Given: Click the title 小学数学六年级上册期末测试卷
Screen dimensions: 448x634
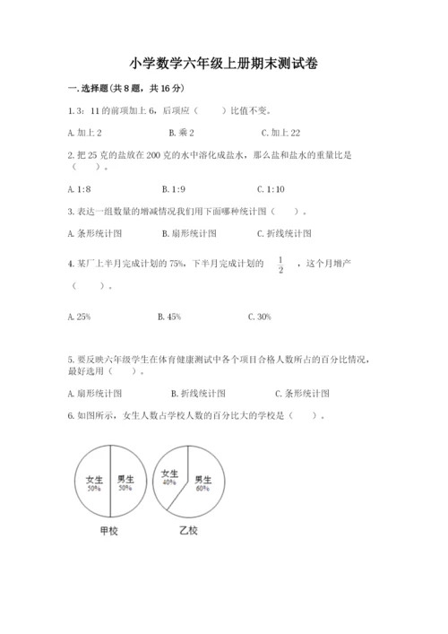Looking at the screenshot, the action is click(223, 64).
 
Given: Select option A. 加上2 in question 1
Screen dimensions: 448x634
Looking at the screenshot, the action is click(83, 132).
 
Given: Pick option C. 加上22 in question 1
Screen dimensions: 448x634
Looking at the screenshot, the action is click(274, 132).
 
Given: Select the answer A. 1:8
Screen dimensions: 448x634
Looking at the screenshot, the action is click(79, 189).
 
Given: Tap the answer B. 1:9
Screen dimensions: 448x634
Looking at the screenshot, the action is click(173, 189).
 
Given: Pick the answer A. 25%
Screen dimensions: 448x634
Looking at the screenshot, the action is click(79, 317).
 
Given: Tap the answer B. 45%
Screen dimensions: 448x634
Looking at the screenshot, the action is click(169, 317).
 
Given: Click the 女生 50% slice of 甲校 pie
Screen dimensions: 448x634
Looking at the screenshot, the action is click(91, 483).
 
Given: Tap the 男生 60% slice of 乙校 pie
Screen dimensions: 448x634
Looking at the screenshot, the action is click(203, 485).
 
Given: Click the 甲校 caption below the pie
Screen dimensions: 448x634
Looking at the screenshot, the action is click(110, 531).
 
